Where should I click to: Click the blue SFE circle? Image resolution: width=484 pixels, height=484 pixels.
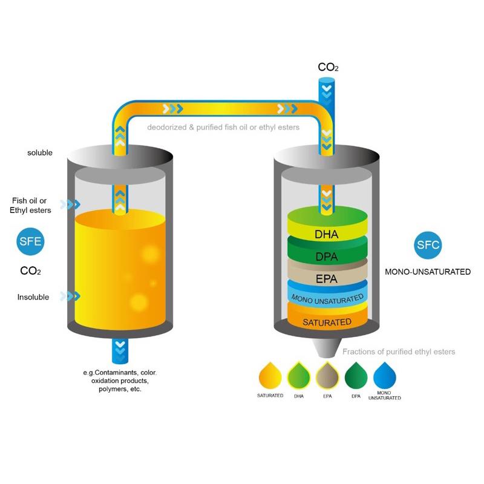tap(30, 241)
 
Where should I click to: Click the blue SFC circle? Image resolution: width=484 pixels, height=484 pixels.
tap(428, 245)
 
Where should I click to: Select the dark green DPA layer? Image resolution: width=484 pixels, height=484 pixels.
tap(327, 256)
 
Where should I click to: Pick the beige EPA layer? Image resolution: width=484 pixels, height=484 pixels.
tap(327, 278)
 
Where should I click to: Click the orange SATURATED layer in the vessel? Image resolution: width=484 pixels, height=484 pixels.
tap(327, 321)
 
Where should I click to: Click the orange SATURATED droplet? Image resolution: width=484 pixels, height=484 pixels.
tap(270, 376)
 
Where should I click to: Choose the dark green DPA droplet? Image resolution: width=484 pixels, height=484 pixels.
tap(356, 376)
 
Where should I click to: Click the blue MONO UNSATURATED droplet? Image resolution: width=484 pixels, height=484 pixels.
tap(385, 376)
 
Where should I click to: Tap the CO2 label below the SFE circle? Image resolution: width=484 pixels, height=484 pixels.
tap(30, 271)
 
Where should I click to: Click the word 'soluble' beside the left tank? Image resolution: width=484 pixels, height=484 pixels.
tap(40, 153)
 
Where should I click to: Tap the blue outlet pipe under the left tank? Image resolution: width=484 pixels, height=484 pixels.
tap(120, 349)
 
